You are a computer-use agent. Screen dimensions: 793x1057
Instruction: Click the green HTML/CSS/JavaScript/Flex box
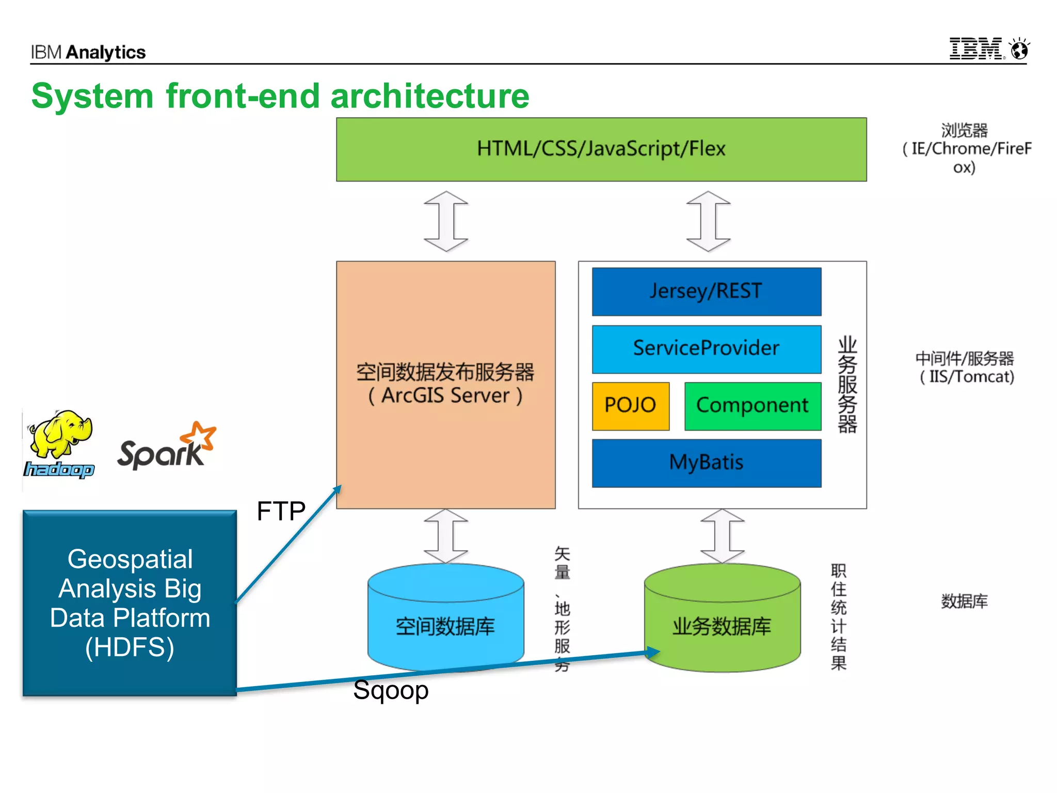601,149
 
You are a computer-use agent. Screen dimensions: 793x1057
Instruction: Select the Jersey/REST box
706,291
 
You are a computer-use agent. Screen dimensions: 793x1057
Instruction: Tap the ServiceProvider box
706,348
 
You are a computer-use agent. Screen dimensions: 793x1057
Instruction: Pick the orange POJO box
630,406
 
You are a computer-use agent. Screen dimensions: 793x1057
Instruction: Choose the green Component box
752,406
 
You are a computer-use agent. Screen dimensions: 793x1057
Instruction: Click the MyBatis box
706,463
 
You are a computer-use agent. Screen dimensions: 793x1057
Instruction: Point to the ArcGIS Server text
445,396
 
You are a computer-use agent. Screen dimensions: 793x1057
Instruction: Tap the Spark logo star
201,436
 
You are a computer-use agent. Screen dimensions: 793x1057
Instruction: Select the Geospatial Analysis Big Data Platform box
130,603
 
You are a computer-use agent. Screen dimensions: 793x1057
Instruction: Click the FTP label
281,511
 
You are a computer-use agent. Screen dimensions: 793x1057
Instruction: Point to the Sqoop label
391,690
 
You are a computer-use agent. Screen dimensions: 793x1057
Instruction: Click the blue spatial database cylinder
445,620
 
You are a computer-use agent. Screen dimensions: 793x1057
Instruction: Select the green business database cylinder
722,620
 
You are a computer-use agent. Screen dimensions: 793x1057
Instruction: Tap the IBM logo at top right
975,49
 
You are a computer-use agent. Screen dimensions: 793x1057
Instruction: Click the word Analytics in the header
106,52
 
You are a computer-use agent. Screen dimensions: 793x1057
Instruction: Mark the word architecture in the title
429,96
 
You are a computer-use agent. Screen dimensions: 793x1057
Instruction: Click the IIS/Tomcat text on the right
967,377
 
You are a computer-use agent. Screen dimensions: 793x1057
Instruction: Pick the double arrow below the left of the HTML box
446,221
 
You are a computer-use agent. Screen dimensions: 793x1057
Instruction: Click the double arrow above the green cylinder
722,536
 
